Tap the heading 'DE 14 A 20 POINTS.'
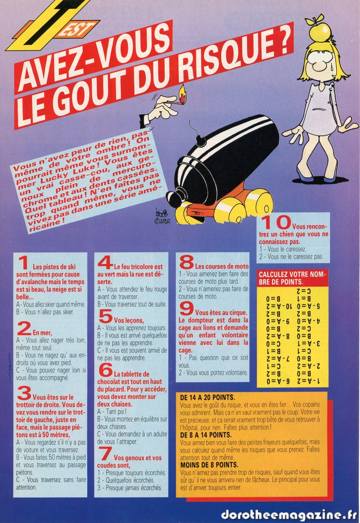[x=207, y=397]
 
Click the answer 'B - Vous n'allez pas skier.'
[x=45, y=312]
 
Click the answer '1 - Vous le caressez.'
[x=283, y=249]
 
